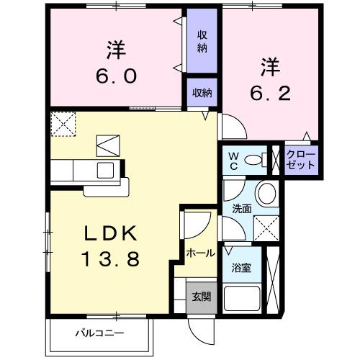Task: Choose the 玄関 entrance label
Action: coord(201,296)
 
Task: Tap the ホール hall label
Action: coord(199,253)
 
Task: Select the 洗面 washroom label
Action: coord(240,209)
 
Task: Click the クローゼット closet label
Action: coord(300,159)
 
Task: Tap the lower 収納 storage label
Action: coord(202,92)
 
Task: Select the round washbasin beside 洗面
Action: coord(267,192)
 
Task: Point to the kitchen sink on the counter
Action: coord(105,170)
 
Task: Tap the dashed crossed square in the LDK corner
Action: coord(63,123)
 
